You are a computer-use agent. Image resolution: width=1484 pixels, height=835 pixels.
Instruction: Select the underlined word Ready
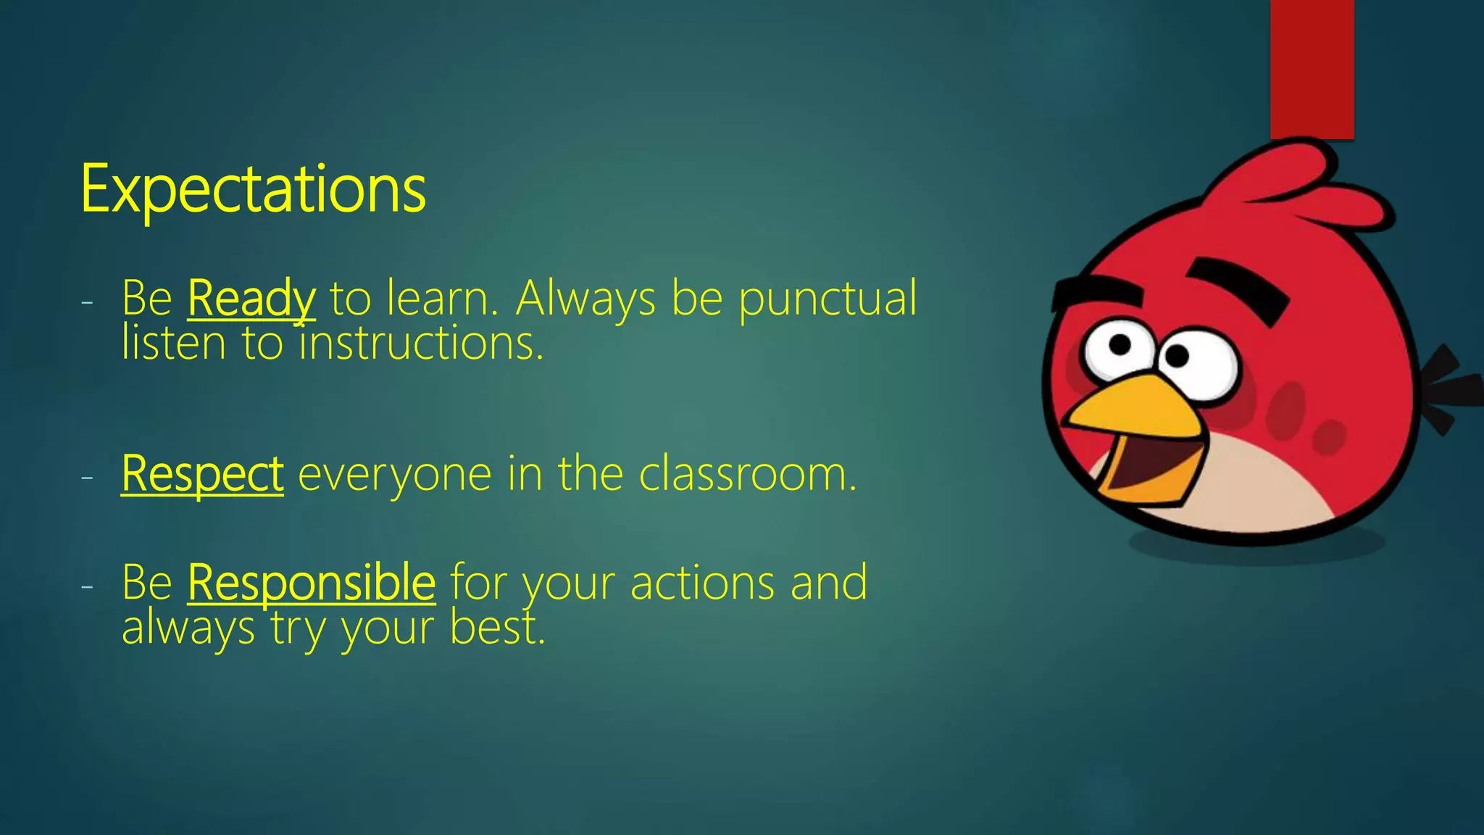coord(251,298)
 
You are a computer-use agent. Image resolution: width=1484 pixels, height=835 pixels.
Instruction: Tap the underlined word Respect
coord(202,474)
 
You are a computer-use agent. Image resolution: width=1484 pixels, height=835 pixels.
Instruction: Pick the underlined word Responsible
coord(312,582)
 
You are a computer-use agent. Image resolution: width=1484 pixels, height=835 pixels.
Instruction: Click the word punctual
coord(828,298)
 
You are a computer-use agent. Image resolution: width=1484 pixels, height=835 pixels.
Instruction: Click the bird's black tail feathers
coord(1448,388)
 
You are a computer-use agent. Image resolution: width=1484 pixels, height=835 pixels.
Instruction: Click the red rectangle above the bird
coord(1312,69)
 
